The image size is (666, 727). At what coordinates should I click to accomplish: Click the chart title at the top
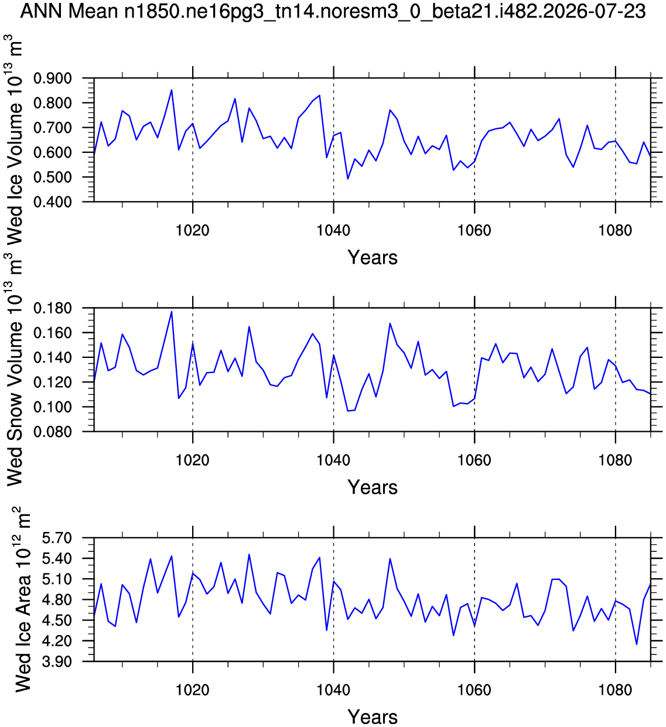pyautogui.click(x=333, y=11)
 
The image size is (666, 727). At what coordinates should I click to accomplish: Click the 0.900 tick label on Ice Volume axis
pyautogui.click(x=53, y=78)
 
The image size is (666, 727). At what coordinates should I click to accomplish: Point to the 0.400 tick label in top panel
pyautogui.click(x=53, y=202)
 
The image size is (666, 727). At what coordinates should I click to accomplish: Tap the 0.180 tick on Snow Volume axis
pyautogui.click(x=53, y=308)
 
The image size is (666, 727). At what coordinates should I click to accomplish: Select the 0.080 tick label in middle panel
pyautogui.click(x=53, y=432)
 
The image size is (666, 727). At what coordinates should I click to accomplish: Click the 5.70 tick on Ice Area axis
pyautogui.click(x=57, y=538)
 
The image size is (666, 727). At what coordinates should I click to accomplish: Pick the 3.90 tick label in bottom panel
pyautogui.click(x=57, y=662)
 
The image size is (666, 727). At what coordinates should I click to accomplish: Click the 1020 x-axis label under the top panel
pyautogui.click(x=193, y=230)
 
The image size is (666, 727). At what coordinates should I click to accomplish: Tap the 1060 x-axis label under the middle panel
pyautogui.click(x=474, y=460)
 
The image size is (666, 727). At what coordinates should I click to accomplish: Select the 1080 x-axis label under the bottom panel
pyautogui.click(x=615, y=690)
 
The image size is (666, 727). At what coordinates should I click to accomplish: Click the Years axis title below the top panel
pyautogui.click(x=373, y=257)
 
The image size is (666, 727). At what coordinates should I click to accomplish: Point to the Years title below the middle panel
pyautogui.click(x=373, y=487)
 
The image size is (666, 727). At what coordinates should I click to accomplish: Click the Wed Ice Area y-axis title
pyautogui.click(x=22, y=600)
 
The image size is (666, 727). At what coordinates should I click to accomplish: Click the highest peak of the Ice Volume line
pyautogui.click(x=172, y=90)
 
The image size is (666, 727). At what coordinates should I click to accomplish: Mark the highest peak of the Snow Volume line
pyautogui.click(x=172, y=312)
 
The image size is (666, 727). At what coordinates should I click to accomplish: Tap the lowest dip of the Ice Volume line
pyautogui.click(x=348, y=179)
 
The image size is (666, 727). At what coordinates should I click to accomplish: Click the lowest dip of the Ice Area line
pyautogui.click(x=637, y=644)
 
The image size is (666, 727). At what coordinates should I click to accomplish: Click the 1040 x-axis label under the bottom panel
pyautogui.click(x=333, y=690)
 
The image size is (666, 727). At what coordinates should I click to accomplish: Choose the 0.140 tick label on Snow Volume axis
pyautogui.click(x=53, y=358)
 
